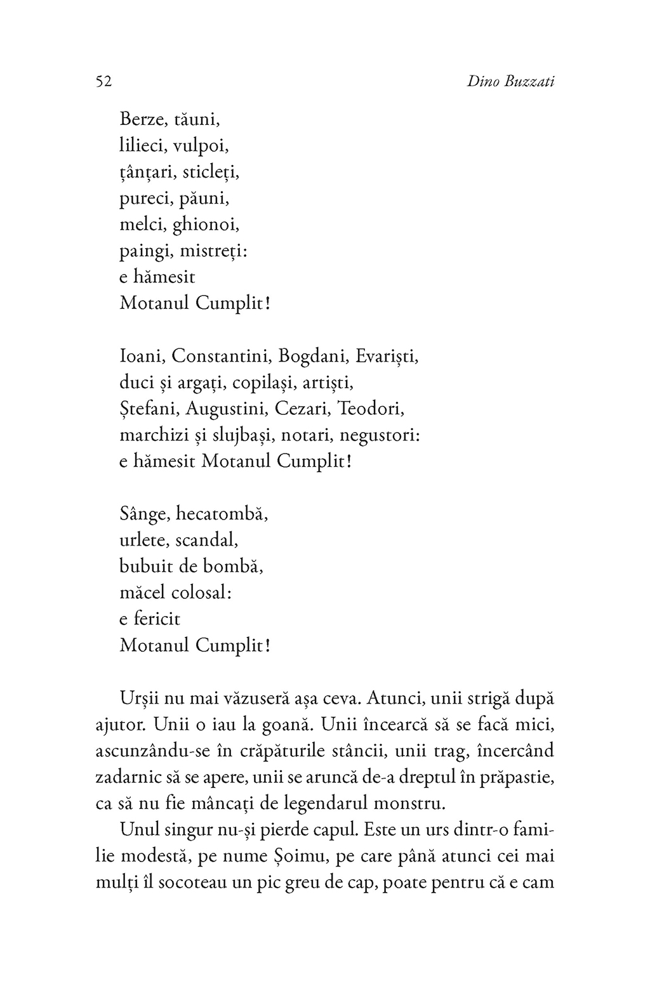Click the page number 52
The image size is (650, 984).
pyautogui.click(x=103, y=82)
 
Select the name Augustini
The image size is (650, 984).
pyautogui.click(x=225, y=409)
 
